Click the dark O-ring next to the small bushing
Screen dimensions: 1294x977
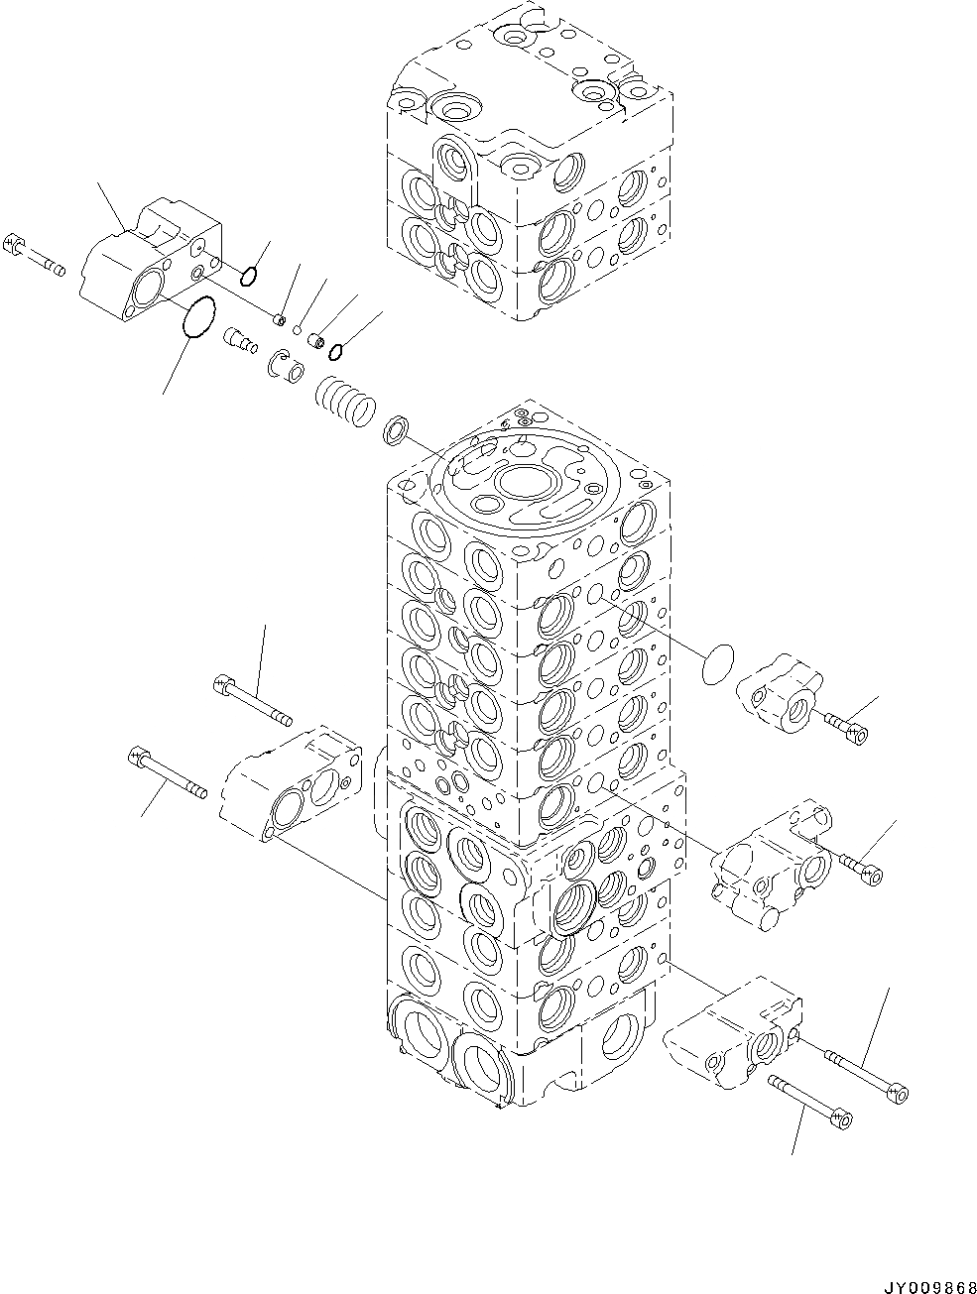tap(337, 349)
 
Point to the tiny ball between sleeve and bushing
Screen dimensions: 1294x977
tap(297, 329)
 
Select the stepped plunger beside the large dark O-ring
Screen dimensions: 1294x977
tap(241, 340)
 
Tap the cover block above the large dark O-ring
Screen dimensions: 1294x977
tap(150, 257)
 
